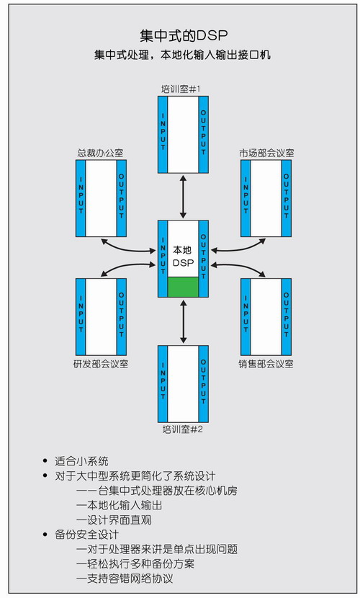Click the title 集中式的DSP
[184, 35]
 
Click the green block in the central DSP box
[183, 287]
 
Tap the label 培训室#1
[181, 89]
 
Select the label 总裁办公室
[100, 153]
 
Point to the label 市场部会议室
[266, 153]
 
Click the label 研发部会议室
[101, 364]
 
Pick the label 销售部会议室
[266, 364]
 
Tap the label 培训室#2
[183, 429]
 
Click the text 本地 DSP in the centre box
[183, 256]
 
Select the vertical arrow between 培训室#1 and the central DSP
[183, 197]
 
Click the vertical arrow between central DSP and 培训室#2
[183, 321]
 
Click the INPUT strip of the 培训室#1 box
[163, 135]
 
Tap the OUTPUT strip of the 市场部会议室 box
[286, 198]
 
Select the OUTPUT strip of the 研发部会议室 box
[121, 317]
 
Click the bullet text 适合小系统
[81, 461]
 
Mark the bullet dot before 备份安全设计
[46, 535]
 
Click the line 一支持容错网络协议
[125, 578]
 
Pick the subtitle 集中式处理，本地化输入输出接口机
[182, 55]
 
